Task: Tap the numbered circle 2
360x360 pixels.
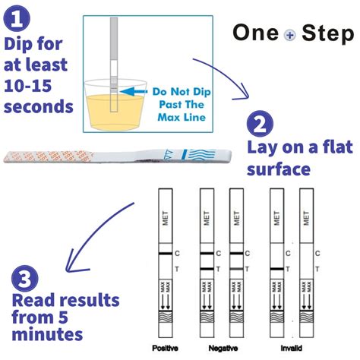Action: (x=260, y=124)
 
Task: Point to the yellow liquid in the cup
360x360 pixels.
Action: (x=108, y=114)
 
